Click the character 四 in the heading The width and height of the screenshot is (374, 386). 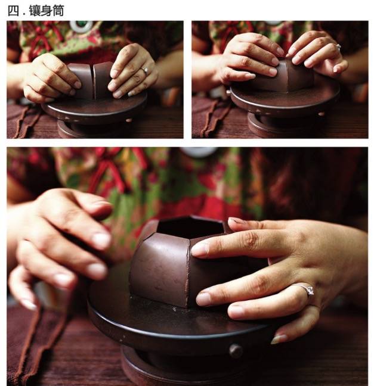(13, 11)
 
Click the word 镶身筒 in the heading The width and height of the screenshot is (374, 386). (47, 11)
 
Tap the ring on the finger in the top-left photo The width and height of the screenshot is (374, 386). (145, 71)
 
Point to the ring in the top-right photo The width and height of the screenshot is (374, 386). (338, 46)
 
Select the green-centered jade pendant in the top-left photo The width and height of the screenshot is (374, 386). (81, 26)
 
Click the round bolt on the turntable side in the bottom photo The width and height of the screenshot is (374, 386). (236, 351)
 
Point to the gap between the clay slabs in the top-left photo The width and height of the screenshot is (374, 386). (94, 82)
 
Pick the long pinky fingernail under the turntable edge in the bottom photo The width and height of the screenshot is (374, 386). (279, 339)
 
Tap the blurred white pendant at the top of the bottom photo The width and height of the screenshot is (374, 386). (199, 152)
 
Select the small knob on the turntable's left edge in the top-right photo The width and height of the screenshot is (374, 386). (228, 93)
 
